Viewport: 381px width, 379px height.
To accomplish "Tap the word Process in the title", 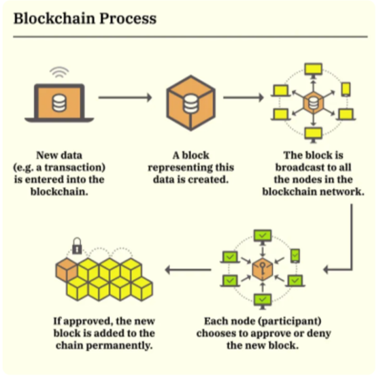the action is pyautogui.click(x=128, y=18).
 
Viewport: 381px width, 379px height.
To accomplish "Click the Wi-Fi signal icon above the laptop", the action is pyautogui.click(x=59, y=72).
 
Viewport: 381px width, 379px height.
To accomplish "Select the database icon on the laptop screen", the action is pyautogui.click(x=59, y=103).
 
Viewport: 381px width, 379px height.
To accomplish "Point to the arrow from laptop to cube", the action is pyautogui.click(x=125, y=97).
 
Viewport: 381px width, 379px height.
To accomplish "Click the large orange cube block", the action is pyautogui.click(x=191, y=103).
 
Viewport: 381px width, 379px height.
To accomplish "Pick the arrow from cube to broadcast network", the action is pyautogui.click(x=244, y=97).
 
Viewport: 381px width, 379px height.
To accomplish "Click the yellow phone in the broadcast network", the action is pyautogui.click(x=346, y=89).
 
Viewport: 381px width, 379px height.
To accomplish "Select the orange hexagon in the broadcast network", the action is pyautogui.click(x=314, y=103).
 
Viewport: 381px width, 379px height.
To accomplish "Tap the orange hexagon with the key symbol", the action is pyautogui.click(x=263, y=269).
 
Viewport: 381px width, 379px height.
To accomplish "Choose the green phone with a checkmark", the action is pyautogui.click(x=295, y=256).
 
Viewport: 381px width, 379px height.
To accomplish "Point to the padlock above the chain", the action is pyautogui.click(x=77, y=246).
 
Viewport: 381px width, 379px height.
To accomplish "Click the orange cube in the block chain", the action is pyautogui.click(x=67, y=269).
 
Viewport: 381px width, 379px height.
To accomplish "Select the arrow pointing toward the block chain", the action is pyautogui.click(x=188, y=269).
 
